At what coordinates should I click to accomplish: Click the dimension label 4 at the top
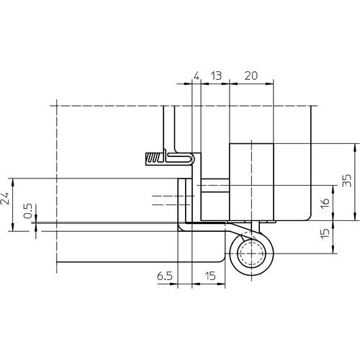(197, 76)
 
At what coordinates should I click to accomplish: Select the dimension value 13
(216, 76)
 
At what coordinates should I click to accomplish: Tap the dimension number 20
(251, 76)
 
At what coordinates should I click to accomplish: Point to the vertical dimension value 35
(347, 181)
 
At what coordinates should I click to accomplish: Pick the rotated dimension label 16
(325, 203)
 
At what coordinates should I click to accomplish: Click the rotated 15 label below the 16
(325, 233)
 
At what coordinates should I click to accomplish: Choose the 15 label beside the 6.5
(210, 276)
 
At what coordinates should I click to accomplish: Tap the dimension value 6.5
(165, 276)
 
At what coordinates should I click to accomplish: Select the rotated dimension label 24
(5, 198)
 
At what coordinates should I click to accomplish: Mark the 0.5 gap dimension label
(28, 211)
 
